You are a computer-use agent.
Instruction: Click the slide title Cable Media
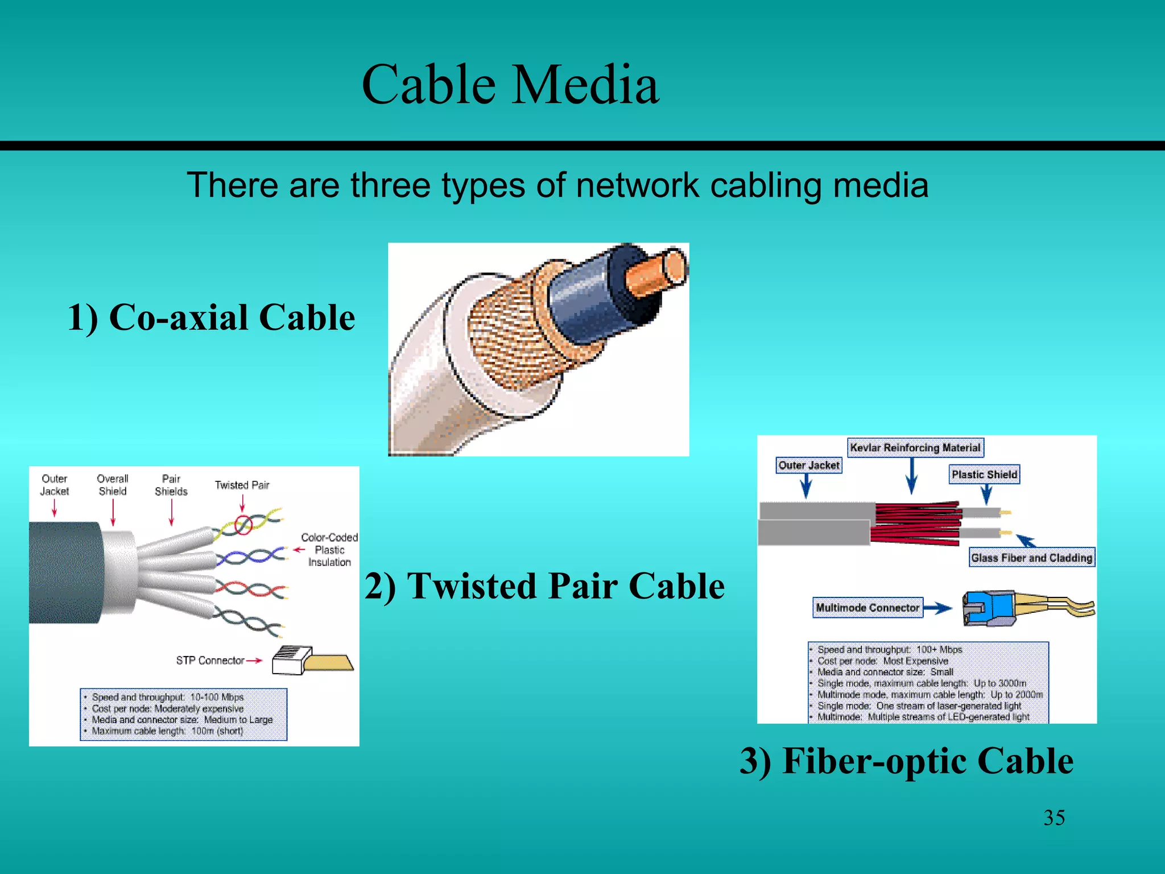[x=510, y=85]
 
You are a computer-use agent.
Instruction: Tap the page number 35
[x=1054, y=818]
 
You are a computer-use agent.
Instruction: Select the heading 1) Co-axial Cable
[x=211, y=317]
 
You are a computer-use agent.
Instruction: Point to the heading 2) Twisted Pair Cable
[x=544, y=586]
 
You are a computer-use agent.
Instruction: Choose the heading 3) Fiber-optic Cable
[x=906, y=761]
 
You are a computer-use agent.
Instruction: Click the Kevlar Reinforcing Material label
[x=915, y=448]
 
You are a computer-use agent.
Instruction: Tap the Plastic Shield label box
[x=984, y=475]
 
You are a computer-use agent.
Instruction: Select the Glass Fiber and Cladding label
[x=1031, y=558]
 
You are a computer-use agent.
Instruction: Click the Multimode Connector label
[x=867, y=608]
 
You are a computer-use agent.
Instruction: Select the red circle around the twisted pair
[x=243, y=525]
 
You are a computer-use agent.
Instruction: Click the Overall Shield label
[x=113, y=485]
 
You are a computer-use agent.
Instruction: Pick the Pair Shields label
[x=171, y=485]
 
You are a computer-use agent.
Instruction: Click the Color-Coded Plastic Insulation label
[x=329, y=550]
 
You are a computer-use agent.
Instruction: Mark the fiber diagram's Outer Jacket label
[x=808, y=465]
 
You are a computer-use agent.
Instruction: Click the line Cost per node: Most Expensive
[x=882, y=661]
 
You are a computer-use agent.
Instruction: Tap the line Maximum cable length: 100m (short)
[x=167, y=731]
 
